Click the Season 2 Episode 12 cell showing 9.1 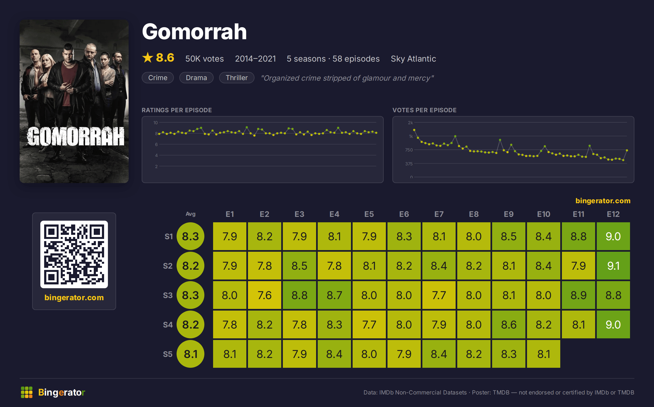click(613, 266)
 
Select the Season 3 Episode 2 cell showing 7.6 click(264, 295)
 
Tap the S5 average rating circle click(190, 354)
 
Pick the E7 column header click(439, 214)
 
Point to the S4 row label click(168, 324)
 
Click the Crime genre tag click(158, 78)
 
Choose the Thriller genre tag click(237, 78)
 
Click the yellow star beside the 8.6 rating click(148, 57)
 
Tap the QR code click(74, 254)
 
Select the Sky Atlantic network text click(413, 59)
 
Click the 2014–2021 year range click(255, 59)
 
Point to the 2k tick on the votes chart click(410, 123)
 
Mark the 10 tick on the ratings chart click(155, 123)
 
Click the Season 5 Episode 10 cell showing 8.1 click(543, 354)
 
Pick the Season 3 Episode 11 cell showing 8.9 click(578, 295)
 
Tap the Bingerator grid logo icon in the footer click(27, 392)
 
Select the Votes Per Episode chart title click(424, 110)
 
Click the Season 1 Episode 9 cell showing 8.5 click(508, 236)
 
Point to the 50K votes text click(204, 59)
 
